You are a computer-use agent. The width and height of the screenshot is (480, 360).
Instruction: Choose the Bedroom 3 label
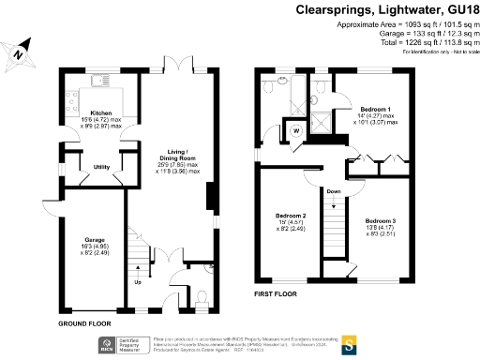(381, 219)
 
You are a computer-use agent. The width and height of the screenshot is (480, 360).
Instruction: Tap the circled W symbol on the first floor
(297, 130)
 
